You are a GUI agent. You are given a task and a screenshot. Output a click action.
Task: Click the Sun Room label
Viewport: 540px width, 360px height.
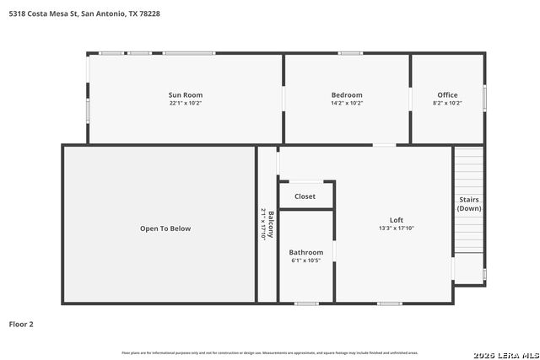186,94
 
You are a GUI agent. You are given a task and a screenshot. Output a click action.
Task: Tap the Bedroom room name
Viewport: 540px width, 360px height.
346,94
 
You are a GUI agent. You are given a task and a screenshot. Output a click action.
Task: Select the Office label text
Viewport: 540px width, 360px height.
447,94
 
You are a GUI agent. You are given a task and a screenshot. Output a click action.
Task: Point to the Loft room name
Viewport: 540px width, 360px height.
396,220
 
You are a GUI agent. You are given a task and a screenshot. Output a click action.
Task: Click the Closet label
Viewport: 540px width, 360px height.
305,196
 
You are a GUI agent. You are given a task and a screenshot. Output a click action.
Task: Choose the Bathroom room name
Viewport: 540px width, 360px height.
305,252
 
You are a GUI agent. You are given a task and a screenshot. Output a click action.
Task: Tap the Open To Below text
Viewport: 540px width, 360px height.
165,228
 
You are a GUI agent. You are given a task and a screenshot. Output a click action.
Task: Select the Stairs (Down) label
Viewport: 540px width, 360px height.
469,204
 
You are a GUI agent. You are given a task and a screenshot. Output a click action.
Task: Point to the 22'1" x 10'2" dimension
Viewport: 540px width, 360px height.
186,103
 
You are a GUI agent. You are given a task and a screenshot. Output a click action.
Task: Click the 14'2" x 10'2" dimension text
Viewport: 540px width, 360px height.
346,103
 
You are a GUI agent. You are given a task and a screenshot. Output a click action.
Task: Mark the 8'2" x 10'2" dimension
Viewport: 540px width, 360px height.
447,103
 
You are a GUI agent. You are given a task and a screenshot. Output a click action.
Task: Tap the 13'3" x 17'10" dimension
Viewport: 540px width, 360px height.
396,228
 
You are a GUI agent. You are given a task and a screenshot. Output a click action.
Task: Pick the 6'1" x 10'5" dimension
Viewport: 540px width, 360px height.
305,261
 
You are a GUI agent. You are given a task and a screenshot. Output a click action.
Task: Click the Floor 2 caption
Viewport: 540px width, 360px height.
21,324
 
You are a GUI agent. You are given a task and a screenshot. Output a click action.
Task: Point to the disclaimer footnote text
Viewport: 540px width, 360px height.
270,352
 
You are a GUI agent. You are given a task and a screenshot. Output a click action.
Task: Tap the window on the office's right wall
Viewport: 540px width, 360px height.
485,99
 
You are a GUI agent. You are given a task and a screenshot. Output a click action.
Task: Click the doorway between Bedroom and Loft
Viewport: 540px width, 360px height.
384,145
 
